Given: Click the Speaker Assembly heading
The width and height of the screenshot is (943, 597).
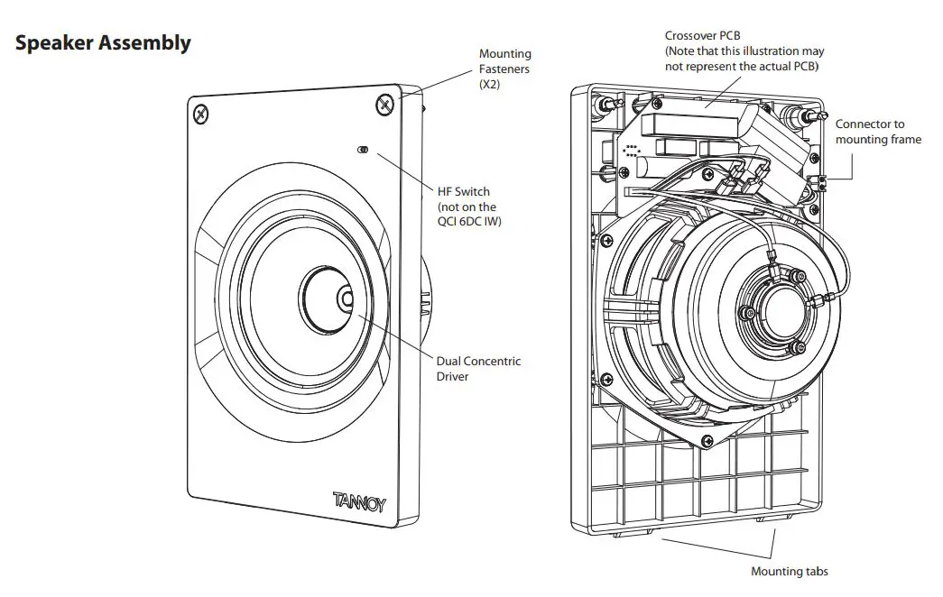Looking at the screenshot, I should (103, 42).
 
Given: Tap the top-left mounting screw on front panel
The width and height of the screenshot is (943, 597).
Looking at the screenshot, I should (200, 114).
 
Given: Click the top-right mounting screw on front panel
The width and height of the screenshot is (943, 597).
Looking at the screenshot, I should (385, 105).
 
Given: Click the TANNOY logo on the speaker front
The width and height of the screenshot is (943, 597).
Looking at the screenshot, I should (358, 501).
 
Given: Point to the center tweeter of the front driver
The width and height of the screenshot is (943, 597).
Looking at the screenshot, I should (346, 298).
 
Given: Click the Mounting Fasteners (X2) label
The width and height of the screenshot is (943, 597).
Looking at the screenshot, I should (504, 69).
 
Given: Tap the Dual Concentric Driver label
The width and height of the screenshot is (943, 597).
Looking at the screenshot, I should (478, 369).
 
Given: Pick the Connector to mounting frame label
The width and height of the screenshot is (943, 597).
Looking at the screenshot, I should (877, 132).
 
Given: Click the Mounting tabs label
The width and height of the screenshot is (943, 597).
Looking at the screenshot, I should (789, 571).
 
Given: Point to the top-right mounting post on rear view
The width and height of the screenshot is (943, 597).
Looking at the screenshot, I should (800, 116).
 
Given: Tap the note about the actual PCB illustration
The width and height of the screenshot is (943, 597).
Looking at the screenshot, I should (744, 59).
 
